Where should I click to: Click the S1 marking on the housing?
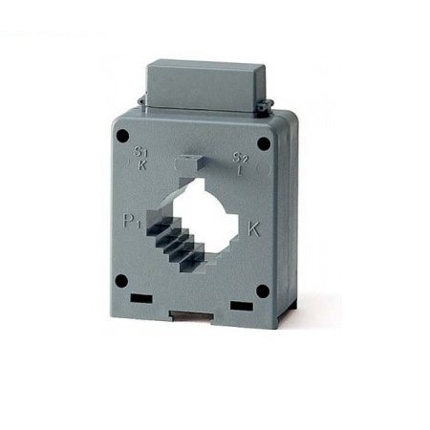141,151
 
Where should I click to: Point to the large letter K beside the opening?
255,228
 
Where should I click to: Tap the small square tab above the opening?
190,165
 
